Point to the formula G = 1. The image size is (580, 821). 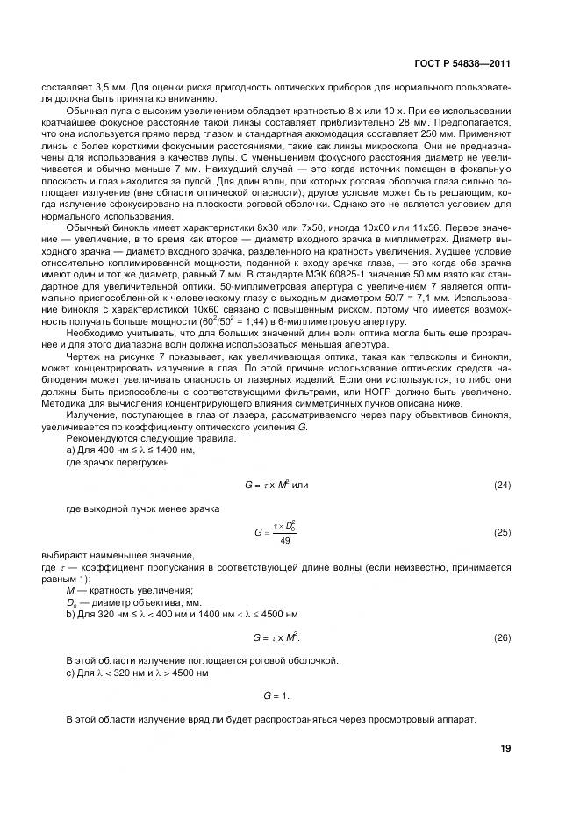click(276, 695)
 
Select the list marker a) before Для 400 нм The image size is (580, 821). click(70, 450)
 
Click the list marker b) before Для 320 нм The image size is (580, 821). click(70, 613)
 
